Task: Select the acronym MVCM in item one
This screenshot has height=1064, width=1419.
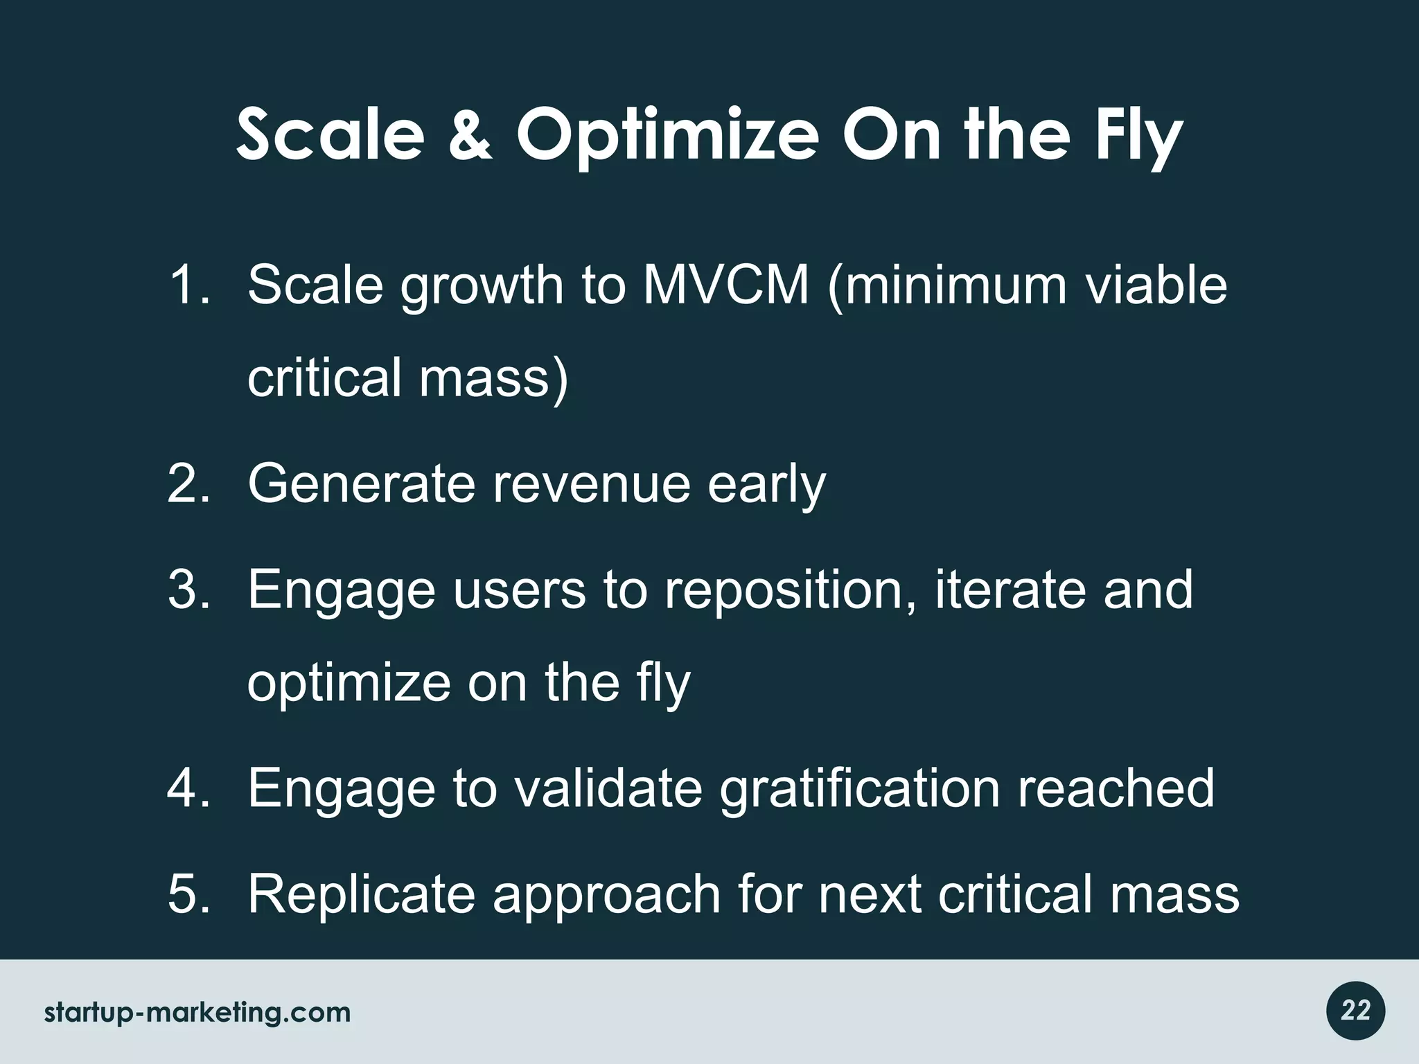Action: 725,285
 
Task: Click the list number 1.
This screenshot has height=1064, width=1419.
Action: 188,285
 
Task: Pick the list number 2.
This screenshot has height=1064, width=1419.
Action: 188,484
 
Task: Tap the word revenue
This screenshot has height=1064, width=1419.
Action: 590,484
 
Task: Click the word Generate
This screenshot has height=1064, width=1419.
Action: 361,484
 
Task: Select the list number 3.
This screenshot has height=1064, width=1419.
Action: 188,589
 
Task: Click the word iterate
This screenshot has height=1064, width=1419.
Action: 1010,589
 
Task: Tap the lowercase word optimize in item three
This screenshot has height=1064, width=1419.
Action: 349,683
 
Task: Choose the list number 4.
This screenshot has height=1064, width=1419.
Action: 188,788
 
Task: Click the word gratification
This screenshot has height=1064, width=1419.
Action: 859,788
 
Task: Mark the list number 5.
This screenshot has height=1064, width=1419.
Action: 188,894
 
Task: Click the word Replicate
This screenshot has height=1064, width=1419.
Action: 361,894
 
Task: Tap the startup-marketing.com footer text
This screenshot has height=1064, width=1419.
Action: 197,1013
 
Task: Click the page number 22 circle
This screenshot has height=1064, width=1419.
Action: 1355,1011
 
